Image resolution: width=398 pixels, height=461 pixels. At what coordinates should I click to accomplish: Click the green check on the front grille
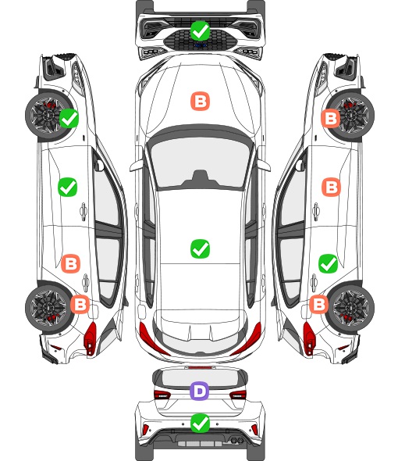click(x=200, y=31)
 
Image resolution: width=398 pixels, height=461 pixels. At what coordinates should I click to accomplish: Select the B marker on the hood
click(x=201, y=102)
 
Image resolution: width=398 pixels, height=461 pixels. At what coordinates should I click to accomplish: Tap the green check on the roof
click(x=200, y=248)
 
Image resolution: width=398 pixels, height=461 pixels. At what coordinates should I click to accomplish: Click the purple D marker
click(x=200, y=391)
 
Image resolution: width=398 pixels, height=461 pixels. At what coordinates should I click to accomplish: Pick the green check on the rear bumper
click(x=200, y=423)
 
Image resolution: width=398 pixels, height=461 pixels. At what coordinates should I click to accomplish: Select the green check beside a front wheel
click(x=69, y=118)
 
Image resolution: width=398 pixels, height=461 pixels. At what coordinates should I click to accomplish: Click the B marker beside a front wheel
click(x=331, y=118)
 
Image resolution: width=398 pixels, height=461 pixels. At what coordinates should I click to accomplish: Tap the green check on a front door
click(x=68, y=187)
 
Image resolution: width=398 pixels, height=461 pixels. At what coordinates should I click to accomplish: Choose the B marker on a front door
click(x=332, y=187)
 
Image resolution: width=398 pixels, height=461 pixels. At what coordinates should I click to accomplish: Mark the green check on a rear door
click(x=328, y=264)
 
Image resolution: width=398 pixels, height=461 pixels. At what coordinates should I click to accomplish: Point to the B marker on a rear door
click(x=70, y=263)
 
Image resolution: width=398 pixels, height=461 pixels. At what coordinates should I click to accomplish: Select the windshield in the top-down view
click(x=200, y=163)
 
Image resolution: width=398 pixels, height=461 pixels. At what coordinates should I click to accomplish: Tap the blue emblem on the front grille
click(x=200, y=45)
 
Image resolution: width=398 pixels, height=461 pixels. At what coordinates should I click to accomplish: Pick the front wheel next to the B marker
click(x=351, y=116)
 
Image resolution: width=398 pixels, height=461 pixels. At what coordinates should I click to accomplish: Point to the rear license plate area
click(x=200, y=444)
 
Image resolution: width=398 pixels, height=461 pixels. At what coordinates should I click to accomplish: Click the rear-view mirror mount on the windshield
click(x=200, y=178)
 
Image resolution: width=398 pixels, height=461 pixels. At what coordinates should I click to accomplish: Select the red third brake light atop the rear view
click(x=200, y=367)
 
